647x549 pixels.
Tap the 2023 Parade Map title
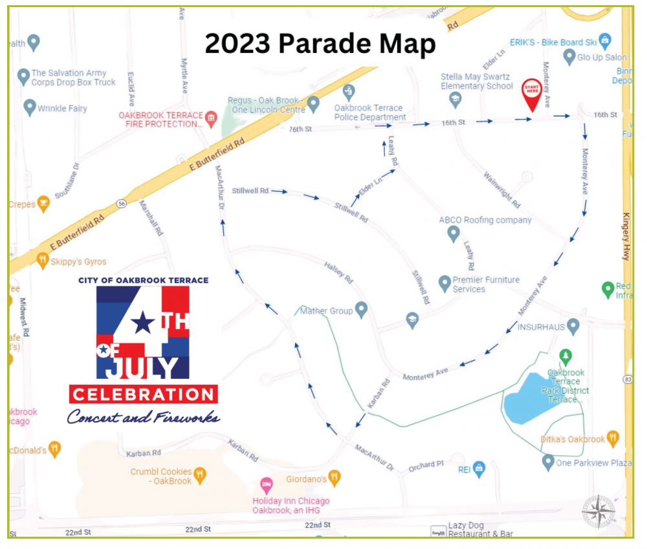click(x=320, y=44)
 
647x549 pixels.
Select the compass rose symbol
click(x=598, y=511)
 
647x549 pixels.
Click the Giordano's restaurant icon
click(x=334, y=479)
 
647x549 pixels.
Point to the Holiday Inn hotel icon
click(x=265, y=484)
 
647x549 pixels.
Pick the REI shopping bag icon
click(x=479, y=468)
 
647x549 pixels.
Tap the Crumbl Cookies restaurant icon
click(x=200, y=475)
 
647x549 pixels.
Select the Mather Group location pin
click(x=361, y=310)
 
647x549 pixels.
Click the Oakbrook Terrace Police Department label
click(x=369, y=113)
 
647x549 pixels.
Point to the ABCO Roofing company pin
click(x=454, y=233)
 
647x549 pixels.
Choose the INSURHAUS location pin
click(x=573, y=326)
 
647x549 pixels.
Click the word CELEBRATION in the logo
click(x=143, y=394)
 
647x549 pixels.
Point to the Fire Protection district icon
click(x=211, y=118)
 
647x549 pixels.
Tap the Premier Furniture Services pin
click(x=444, y=283)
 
